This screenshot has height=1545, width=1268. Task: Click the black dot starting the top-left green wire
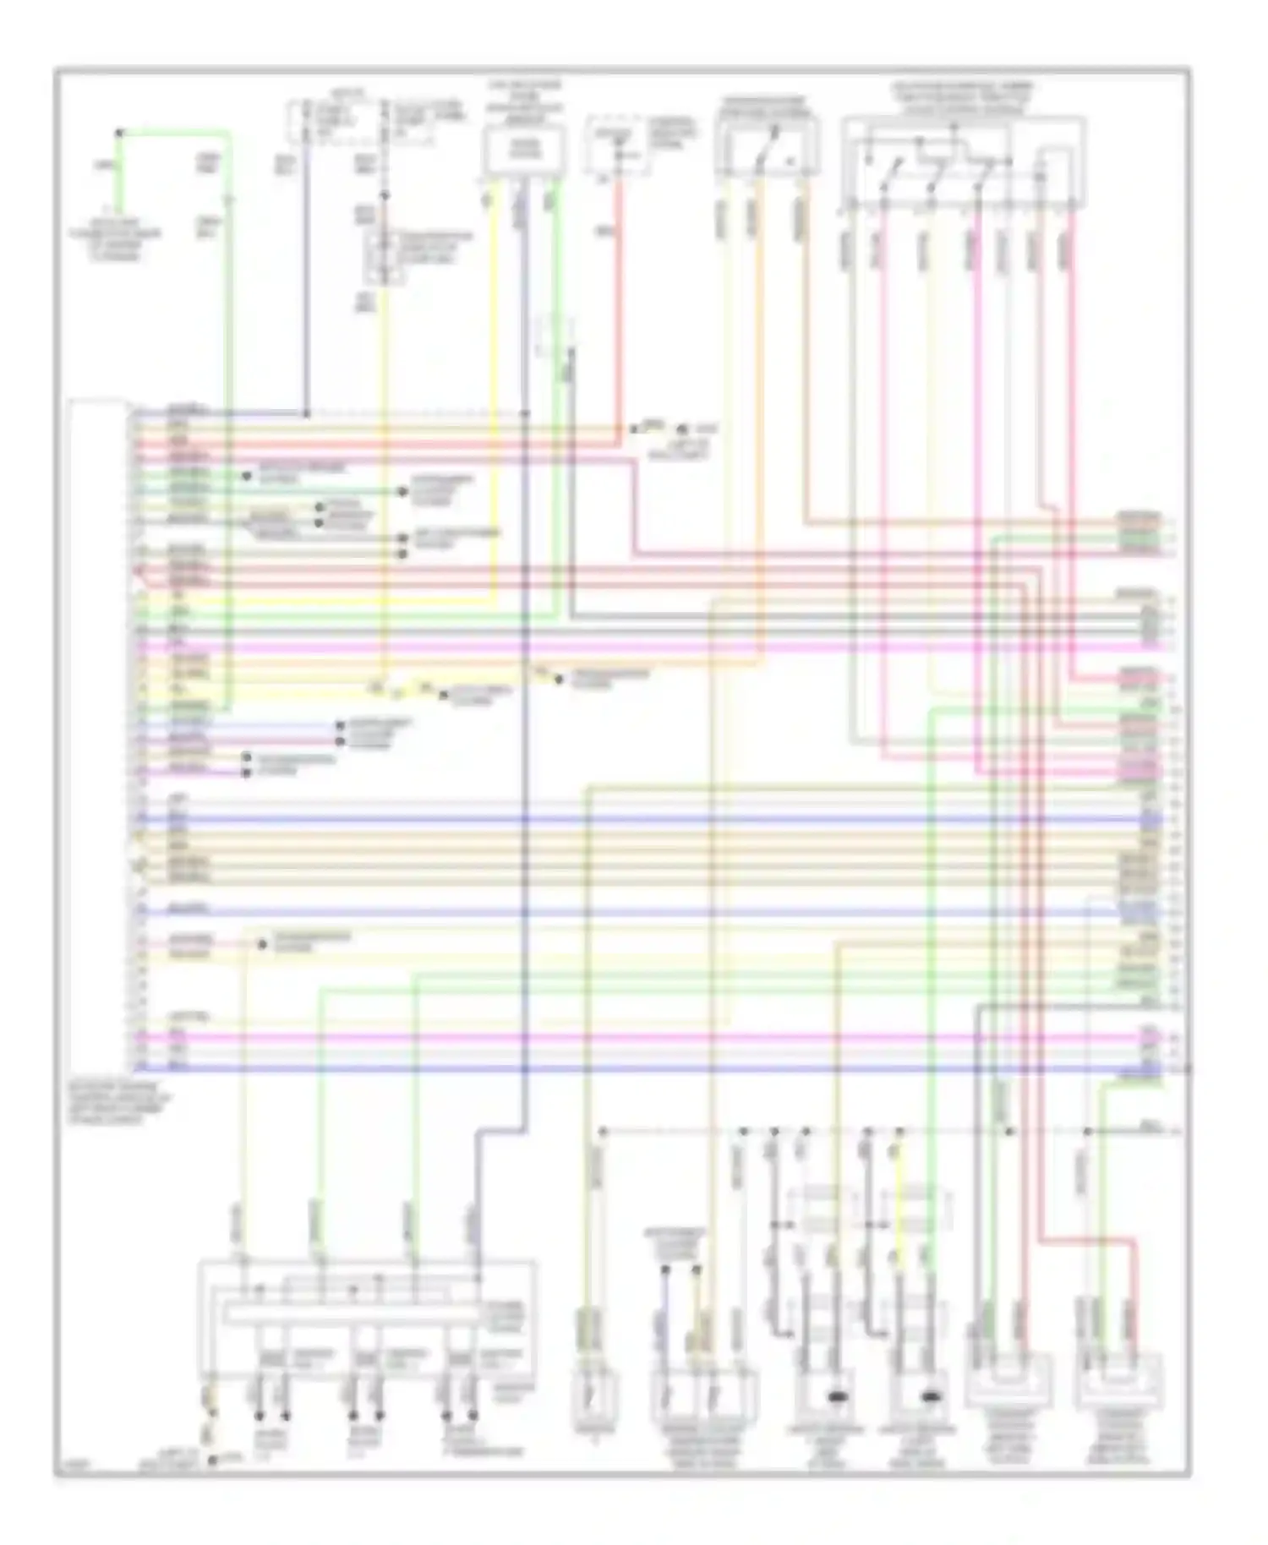tap(119, 133)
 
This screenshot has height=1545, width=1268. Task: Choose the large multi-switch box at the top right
tap(964, 161)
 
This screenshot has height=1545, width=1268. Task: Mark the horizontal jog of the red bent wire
tap(1090, 1240)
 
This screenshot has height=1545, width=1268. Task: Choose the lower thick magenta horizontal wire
tap(592, 1037)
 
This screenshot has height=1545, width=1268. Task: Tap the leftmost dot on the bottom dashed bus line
tap(603, 1131)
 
